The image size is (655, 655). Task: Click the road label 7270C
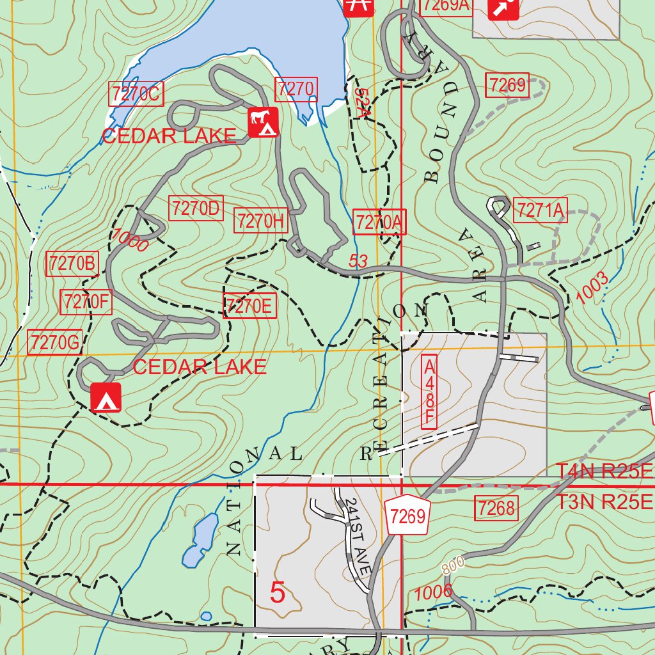tap(136, 95)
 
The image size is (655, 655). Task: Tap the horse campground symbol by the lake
tap(264, 122)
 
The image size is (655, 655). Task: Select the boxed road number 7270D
tap(196, 209)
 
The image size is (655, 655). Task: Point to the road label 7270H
tap(260, 221)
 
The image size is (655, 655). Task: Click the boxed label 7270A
tap(379, 223)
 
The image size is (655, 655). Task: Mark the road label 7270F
tap(86, 302)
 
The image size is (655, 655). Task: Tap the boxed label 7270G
tap(55, 343)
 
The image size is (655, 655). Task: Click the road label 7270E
tap(249, 306)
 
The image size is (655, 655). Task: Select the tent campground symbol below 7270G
tap(106, 398)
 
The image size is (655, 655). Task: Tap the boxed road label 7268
tap(496, 509)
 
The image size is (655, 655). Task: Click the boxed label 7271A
tap(541, 210)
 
